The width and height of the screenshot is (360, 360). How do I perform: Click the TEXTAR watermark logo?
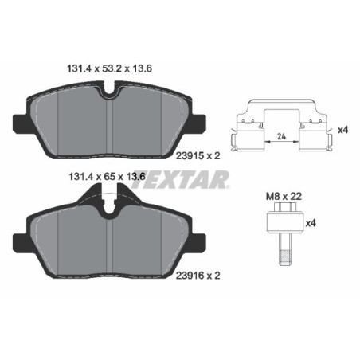(x=179, y=182)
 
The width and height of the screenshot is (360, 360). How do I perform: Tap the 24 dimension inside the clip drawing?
(x=280, y=136)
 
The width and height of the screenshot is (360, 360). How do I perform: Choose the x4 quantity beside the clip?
(x=342, y=130)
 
